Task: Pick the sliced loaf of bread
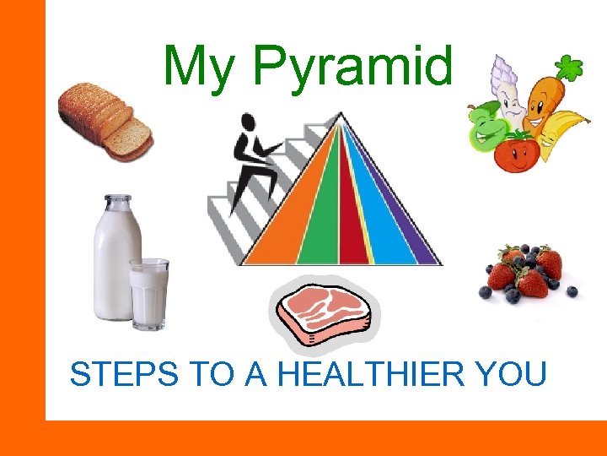point(105,120)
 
